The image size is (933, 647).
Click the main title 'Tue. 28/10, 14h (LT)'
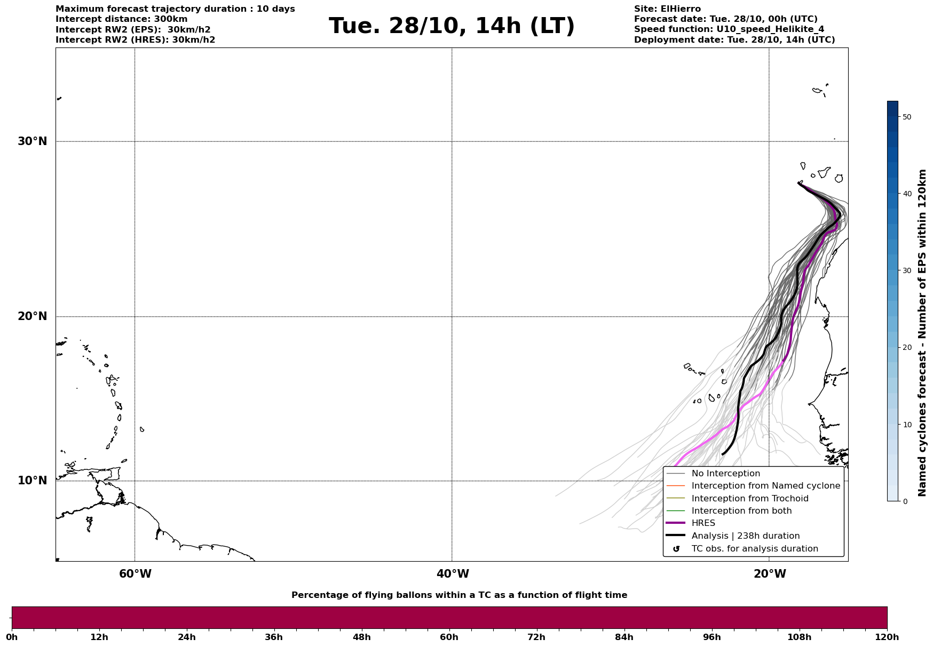coord(452,26)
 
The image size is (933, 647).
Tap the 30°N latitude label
coord(33,141)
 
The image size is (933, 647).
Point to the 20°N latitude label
coord(33,316)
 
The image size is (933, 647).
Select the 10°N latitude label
coord(33,481)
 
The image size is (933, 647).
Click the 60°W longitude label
coord(135,574)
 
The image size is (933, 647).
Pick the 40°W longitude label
coord(453,574)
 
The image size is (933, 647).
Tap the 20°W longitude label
coord(770,574)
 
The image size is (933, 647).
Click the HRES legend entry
coord(703,523)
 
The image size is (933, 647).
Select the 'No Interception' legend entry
coord(725,474)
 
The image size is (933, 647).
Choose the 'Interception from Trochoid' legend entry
coord(749,499)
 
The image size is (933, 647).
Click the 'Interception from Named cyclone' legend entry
coord(765,486)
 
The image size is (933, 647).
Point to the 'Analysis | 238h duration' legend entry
coord(745,536)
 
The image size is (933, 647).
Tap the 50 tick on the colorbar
coord(906,117)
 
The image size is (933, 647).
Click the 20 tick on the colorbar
coord(906,347)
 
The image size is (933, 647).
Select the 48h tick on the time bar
coord(361,637)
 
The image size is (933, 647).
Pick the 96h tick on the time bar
coord(711,637)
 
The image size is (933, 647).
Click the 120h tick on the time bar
coord(887,637)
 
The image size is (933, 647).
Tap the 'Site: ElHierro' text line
coord(667,9)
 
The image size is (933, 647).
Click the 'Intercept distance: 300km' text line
coord(121,19)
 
